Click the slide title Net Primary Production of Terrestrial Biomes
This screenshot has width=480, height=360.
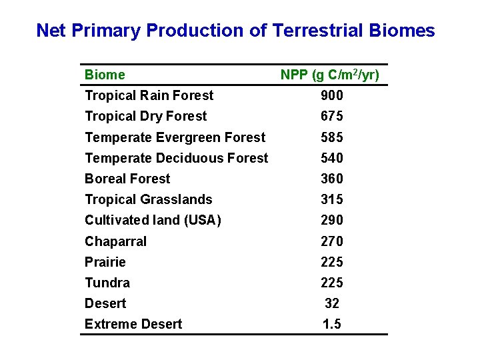point(235,31)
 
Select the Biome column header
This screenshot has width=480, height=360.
point(105,75)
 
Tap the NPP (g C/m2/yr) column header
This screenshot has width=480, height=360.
point(330,75)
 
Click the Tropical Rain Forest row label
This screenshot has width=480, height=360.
point(149,95)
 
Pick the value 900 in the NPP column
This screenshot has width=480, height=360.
point(331,96)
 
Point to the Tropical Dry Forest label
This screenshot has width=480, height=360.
point(145,116)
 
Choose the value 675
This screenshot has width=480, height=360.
point(331,117)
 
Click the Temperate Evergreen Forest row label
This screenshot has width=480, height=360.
point(175,137)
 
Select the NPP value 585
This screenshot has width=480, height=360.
point(331,137)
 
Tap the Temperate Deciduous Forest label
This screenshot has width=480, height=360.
point(176,158)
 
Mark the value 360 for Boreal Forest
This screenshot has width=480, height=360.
point(331,179)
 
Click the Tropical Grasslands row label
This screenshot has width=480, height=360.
point(148,199)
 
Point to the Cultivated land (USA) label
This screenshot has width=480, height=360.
point(153,220)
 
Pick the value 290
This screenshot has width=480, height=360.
point(331,220)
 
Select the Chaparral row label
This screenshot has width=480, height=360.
point(115,241)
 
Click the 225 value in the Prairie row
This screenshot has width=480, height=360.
point(331,262)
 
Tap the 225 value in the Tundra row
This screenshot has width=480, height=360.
point(331,283)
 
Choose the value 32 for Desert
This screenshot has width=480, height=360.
point(332,303)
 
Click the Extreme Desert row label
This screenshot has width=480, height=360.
point(133,324)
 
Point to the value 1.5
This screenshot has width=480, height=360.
point(332,324)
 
